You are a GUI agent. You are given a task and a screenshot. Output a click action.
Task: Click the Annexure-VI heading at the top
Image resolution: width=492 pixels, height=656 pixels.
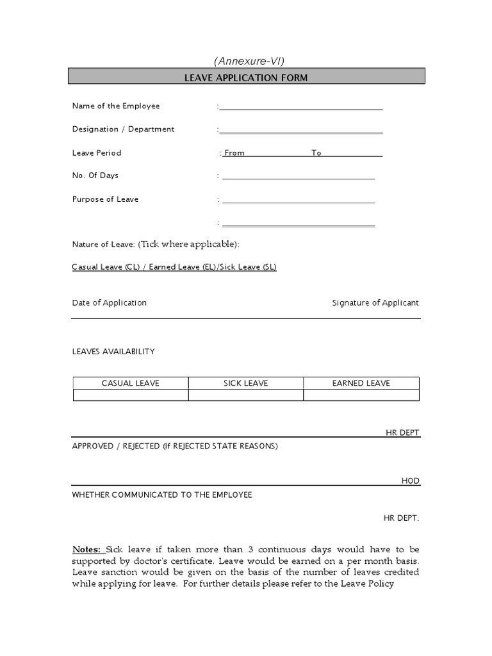[249, 61]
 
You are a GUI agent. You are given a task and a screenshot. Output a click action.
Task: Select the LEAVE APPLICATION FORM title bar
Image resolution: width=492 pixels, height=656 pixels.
[246, 78]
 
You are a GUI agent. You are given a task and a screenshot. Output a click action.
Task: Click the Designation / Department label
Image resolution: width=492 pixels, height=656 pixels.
[123, 129]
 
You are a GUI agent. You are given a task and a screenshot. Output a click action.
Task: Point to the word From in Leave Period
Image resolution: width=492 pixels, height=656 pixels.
[234, 153]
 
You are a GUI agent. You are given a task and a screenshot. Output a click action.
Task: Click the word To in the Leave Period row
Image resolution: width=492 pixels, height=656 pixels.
[316, 153]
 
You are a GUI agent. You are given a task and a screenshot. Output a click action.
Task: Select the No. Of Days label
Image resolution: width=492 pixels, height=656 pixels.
[95, 176]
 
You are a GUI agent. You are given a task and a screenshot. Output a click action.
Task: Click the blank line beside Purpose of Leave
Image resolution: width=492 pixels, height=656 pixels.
[298, 201]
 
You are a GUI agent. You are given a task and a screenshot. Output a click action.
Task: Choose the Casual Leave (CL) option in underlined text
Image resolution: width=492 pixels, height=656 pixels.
[106, 267]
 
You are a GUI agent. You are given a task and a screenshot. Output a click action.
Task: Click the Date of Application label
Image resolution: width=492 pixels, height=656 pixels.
[110, 303]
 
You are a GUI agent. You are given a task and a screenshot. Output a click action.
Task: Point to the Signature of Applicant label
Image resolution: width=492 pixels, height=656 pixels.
[375, 303]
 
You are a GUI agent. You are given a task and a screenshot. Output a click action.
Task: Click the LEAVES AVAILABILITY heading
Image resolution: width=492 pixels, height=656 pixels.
[113, 352]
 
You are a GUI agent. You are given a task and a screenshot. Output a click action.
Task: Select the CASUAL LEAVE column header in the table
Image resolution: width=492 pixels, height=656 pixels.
[131, 383]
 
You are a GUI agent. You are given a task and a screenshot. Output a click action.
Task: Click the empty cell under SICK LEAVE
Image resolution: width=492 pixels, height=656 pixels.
[246, 395]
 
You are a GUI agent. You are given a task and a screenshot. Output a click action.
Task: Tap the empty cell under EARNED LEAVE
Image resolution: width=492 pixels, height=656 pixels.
[361, 395]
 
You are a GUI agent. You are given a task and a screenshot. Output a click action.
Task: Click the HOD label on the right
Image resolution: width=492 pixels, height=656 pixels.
[410, 481]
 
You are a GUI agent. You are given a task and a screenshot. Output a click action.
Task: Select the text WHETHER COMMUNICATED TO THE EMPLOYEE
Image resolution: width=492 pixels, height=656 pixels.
[162, 495]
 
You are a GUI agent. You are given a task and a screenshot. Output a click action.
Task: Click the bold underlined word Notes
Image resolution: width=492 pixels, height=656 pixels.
[86, 550]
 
